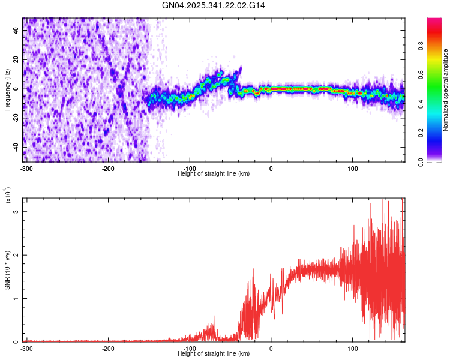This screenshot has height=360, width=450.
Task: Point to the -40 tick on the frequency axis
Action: (x=16, y=147)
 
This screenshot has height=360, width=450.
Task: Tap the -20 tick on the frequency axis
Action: (x=16, y=118)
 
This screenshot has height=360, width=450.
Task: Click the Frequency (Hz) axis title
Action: (x=7, y=90)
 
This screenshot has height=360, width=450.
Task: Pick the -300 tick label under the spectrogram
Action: (x=26, y=168)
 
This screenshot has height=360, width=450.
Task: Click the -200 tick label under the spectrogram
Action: (x=108, y=168)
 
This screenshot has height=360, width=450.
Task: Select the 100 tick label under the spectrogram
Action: (x=353, y=168)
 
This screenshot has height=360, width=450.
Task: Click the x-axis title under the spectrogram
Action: (x=214, y=173)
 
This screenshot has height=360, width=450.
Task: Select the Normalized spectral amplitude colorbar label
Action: (x=446, y=90)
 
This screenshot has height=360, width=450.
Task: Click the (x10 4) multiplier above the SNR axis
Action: (x=7, y=196)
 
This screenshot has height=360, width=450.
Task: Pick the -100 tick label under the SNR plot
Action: (x=190, y=348)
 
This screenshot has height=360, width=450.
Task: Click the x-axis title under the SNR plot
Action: (x=214, y=353)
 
